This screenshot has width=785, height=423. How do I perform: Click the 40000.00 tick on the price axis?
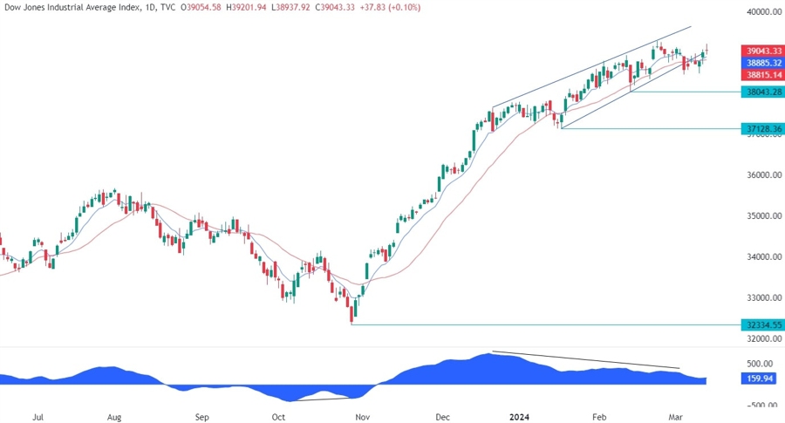(763, 12)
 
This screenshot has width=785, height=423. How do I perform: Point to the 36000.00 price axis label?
(763, 175)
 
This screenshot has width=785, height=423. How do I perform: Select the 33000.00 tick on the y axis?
(763, 297)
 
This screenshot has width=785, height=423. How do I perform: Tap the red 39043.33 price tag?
(761, 51)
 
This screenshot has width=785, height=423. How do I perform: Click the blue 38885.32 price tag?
(761, 65)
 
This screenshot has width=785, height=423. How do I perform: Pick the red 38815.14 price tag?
(761, 77)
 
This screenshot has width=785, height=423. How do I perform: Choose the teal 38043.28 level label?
(761, 92)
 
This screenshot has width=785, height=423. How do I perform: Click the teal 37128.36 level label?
(761, 129)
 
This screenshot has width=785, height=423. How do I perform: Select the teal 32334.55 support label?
(761, 324)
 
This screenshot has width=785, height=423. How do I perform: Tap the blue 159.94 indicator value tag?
(757, 379)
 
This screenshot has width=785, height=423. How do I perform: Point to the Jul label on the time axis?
(38, 418)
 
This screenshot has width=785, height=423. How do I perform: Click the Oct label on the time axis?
(278, 418)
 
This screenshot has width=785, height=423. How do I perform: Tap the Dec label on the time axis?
(443, 418)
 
